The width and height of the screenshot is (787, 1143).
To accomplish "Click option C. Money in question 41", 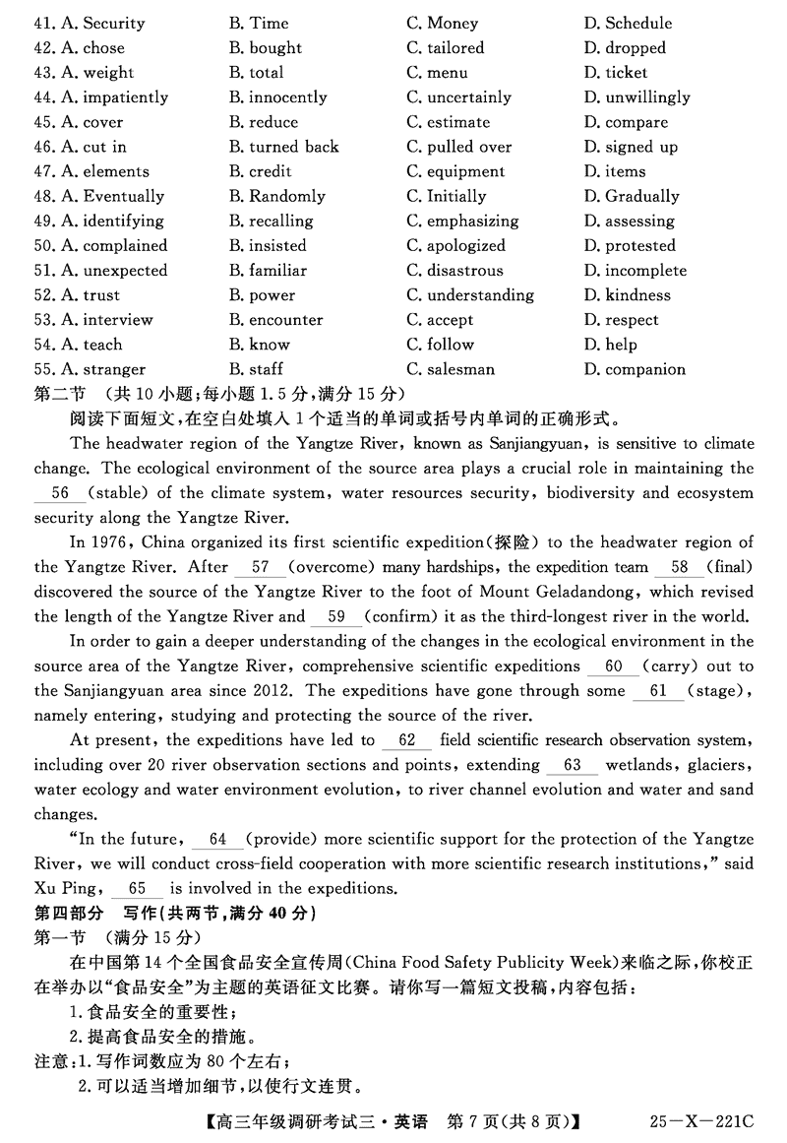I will click(442, 23).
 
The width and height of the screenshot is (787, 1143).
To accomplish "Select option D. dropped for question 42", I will click(624, 47).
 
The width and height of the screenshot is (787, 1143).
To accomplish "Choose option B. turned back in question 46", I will click(283, 147).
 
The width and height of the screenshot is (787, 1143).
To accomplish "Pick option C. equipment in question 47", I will click(455, 171).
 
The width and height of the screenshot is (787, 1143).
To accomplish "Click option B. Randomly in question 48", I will click(276, 196).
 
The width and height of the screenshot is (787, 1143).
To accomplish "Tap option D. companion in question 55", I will click(634, 369).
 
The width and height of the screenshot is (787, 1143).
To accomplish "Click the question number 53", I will click(44, 319).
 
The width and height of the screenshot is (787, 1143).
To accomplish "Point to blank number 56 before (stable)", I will click(59, 493).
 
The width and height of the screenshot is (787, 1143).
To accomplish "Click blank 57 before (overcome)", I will click(261, 567).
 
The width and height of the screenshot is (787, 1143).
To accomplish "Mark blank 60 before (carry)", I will click(614, 667).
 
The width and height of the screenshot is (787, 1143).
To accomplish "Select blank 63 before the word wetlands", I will click(573, 765).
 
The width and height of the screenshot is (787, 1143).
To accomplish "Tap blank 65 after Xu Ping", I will click(138, 888).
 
